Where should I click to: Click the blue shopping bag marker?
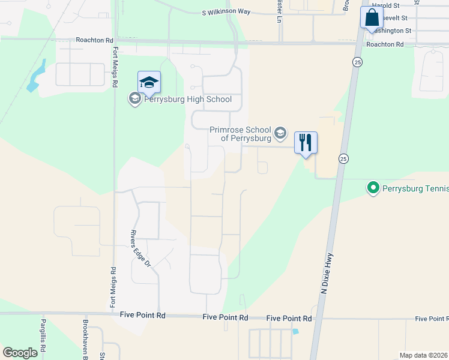(372, 17)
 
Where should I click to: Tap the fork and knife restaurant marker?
(306, 143)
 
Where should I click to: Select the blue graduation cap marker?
(149, 83)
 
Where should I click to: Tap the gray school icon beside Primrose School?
(280, 132)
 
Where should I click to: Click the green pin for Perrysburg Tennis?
(373, 188)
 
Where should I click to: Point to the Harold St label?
(385, 5)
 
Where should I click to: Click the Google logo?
(20, 352)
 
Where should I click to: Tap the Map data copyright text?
(424, 355)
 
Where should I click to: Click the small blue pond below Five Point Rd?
(294, 331)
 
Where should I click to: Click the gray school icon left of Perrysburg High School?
(134, 99)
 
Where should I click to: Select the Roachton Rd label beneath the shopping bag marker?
(385, 44)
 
